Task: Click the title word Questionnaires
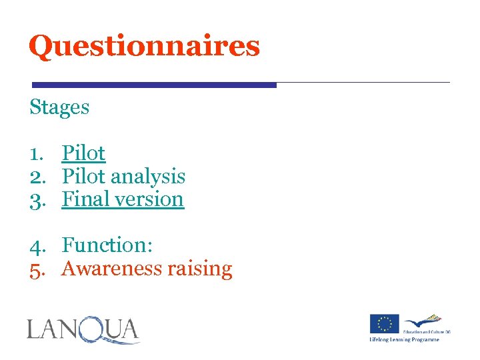(144, 46)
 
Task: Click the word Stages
(59, 107)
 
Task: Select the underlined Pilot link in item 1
(83, 153)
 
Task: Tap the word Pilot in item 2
(83, 176)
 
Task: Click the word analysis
(147, 177)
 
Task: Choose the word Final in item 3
(83, 199)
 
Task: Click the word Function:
(108, 245)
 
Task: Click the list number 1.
(35, 153)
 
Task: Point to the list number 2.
(35, 177)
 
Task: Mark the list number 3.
(35, 199)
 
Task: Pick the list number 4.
(35, 246)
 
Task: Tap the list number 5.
(35, 269)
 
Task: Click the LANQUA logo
(83, 330)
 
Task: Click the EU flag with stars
(385, 324)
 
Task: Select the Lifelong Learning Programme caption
(405, 339)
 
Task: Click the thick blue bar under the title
(154, 85)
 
